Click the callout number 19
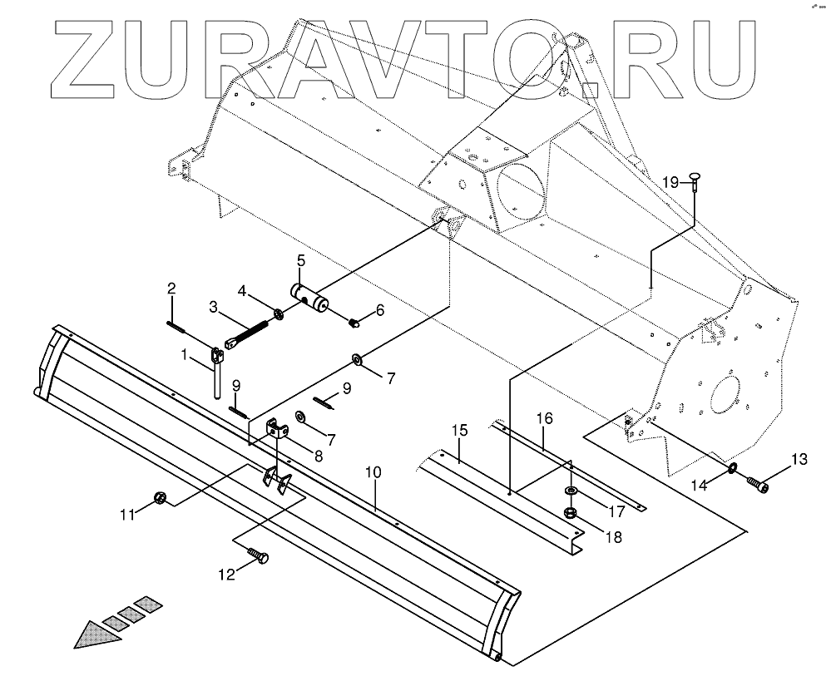(671, 182)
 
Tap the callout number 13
(799, 459)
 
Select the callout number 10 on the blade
(373, 472)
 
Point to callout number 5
(300, 260)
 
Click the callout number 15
(460, 431)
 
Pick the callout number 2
(171, 289)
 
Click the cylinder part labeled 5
(307, 297)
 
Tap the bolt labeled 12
(258, 558)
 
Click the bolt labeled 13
(758, 481)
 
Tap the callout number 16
(544, 417)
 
